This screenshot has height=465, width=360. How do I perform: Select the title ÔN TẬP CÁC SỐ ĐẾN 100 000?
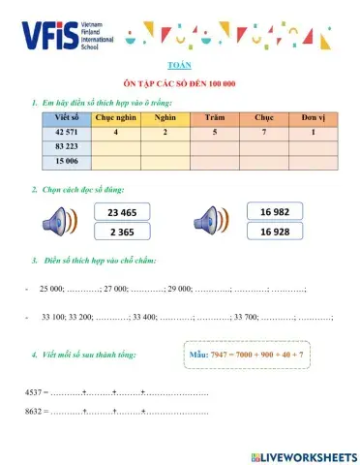tap(180, 84)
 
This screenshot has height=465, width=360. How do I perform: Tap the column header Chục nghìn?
tap(115, 117)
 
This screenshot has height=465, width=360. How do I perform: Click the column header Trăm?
tap(215, 117)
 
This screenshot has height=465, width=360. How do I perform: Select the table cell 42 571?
tap(67, 132)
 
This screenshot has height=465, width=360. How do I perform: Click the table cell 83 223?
tap(67, 146)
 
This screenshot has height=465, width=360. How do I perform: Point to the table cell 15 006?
tap(67, 161)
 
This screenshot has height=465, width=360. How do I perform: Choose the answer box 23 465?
tap(122, 213)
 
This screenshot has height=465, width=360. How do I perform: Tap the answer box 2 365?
tap(122, 232)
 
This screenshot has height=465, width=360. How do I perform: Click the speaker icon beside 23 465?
tap(60, 223)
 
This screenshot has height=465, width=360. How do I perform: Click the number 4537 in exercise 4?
tap(33, 392)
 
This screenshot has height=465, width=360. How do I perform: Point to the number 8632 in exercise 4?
tap(33, 412)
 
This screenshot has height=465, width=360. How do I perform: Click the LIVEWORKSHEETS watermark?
tap(303, 455)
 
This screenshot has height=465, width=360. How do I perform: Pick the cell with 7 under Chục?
tap(263, 132)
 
